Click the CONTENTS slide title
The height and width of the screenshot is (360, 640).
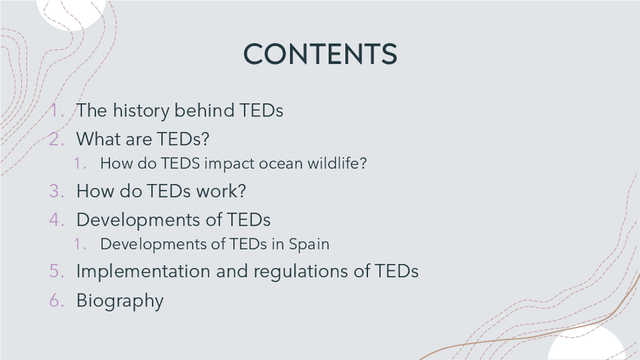click(x=320, y=54)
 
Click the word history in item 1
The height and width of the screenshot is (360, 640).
click(x=141, y=111)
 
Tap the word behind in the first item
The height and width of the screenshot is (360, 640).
click(x=205, y=110)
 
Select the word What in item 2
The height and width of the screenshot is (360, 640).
click(x=98, y=139)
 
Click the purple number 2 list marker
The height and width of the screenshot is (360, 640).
click(x=57, y=139)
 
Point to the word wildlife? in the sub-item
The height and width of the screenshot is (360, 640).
click(x=337, y=163)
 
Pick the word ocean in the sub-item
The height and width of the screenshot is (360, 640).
click(x=281, y=164)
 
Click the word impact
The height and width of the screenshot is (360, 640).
click(x=229, y=164)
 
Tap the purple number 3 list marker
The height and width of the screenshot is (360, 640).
click(x=57, y=191)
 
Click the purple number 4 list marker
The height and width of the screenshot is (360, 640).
click(x=57, y=220)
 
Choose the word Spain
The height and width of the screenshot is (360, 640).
click(x=309, y=244)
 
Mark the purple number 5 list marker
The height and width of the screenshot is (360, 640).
click(x=57, y=271)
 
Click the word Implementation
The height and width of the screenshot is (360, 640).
click(x=143, y=272)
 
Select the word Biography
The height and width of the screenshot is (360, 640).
click(x=120, y=301)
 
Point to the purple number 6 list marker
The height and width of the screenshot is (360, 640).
click(x=57, y=300)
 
